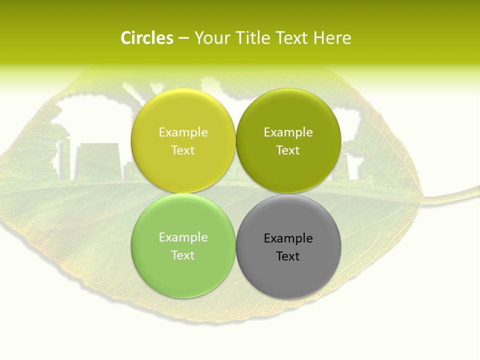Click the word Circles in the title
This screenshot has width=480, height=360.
147,38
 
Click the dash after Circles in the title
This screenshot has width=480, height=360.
183,38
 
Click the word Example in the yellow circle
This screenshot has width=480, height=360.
183,132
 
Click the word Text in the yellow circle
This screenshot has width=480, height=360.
183,150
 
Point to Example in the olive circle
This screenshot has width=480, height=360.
288,132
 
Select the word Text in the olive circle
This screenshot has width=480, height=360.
288,150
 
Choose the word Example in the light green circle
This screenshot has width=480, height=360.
183,237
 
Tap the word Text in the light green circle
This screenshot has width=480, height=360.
183,255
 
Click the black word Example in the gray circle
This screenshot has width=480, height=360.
288,238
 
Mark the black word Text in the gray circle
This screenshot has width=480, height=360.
288,256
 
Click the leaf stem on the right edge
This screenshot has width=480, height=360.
455,195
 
